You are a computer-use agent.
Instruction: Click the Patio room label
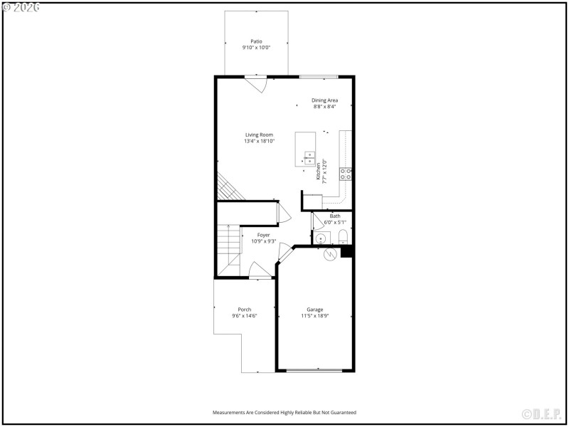(x=256, y=41)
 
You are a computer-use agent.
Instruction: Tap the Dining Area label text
(x=324, y=100)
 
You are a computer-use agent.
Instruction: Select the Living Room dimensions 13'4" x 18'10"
(x=260, y=142)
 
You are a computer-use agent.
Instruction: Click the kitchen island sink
(x=310, y=157)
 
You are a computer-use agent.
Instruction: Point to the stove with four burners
(x=345, y=174)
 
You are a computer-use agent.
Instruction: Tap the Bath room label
(x=335, y=216)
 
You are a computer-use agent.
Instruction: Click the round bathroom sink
(x=321, y=238)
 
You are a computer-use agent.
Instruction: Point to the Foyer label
(x=263, y=235)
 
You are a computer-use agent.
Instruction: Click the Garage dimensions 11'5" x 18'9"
(x=314, y=316)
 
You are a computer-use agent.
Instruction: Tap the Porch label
(x=244, y=310)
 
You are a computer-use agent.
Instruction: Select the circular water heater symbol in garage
(x=329, y=253)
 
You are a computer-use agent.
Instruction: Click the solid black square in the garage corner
(x=346, y=251)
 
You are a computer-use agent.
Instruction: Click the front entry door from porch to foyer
(x=260, y=270)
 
